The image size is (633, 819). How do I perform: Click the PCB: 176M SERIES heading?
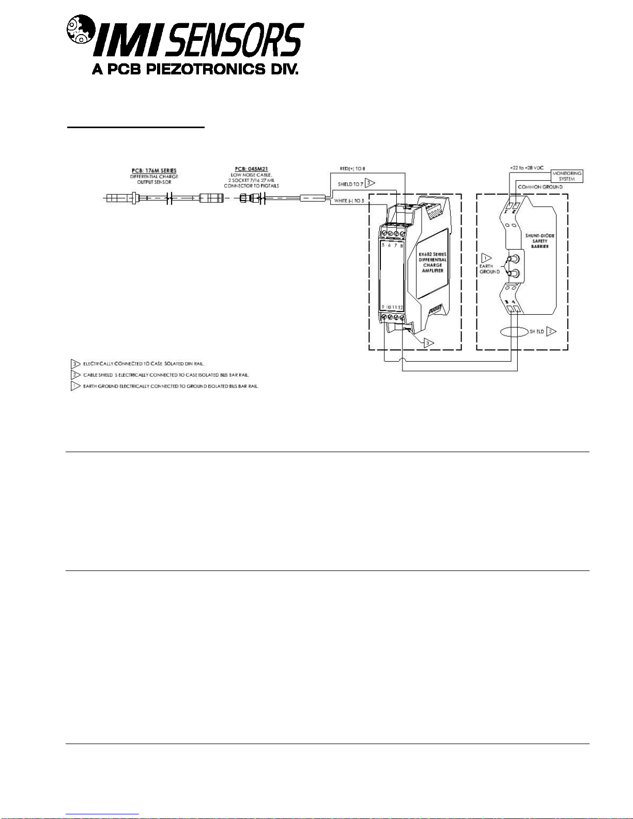[x=153, y=171]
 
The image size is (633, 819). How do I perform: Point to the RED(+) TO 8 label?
[x=352, y=169]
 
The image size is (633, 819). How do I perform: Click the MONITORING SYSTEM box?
[x=567, y=176]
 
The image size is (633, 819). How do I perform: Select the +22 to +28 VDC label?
[x=527, y=168]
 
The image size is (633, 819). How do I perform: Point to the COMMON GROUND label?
[x=540, y=187]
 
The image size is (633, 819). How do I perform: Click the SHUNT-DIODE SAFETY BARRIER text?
[x=540, y=241]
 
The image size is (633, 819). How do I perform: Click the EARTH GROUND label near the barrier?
[x=489, y=269]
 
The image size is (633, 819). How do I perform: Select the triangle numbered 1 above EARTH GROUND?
[x=486, y=257]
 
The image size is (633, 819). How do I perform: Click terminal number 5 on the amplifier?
[x=383, y=245]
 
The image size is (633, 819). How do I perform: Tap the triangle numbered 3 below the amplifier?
[x=428, y=342]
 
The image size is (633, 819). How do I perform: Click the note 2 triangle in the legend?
[x=75, y=375]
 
